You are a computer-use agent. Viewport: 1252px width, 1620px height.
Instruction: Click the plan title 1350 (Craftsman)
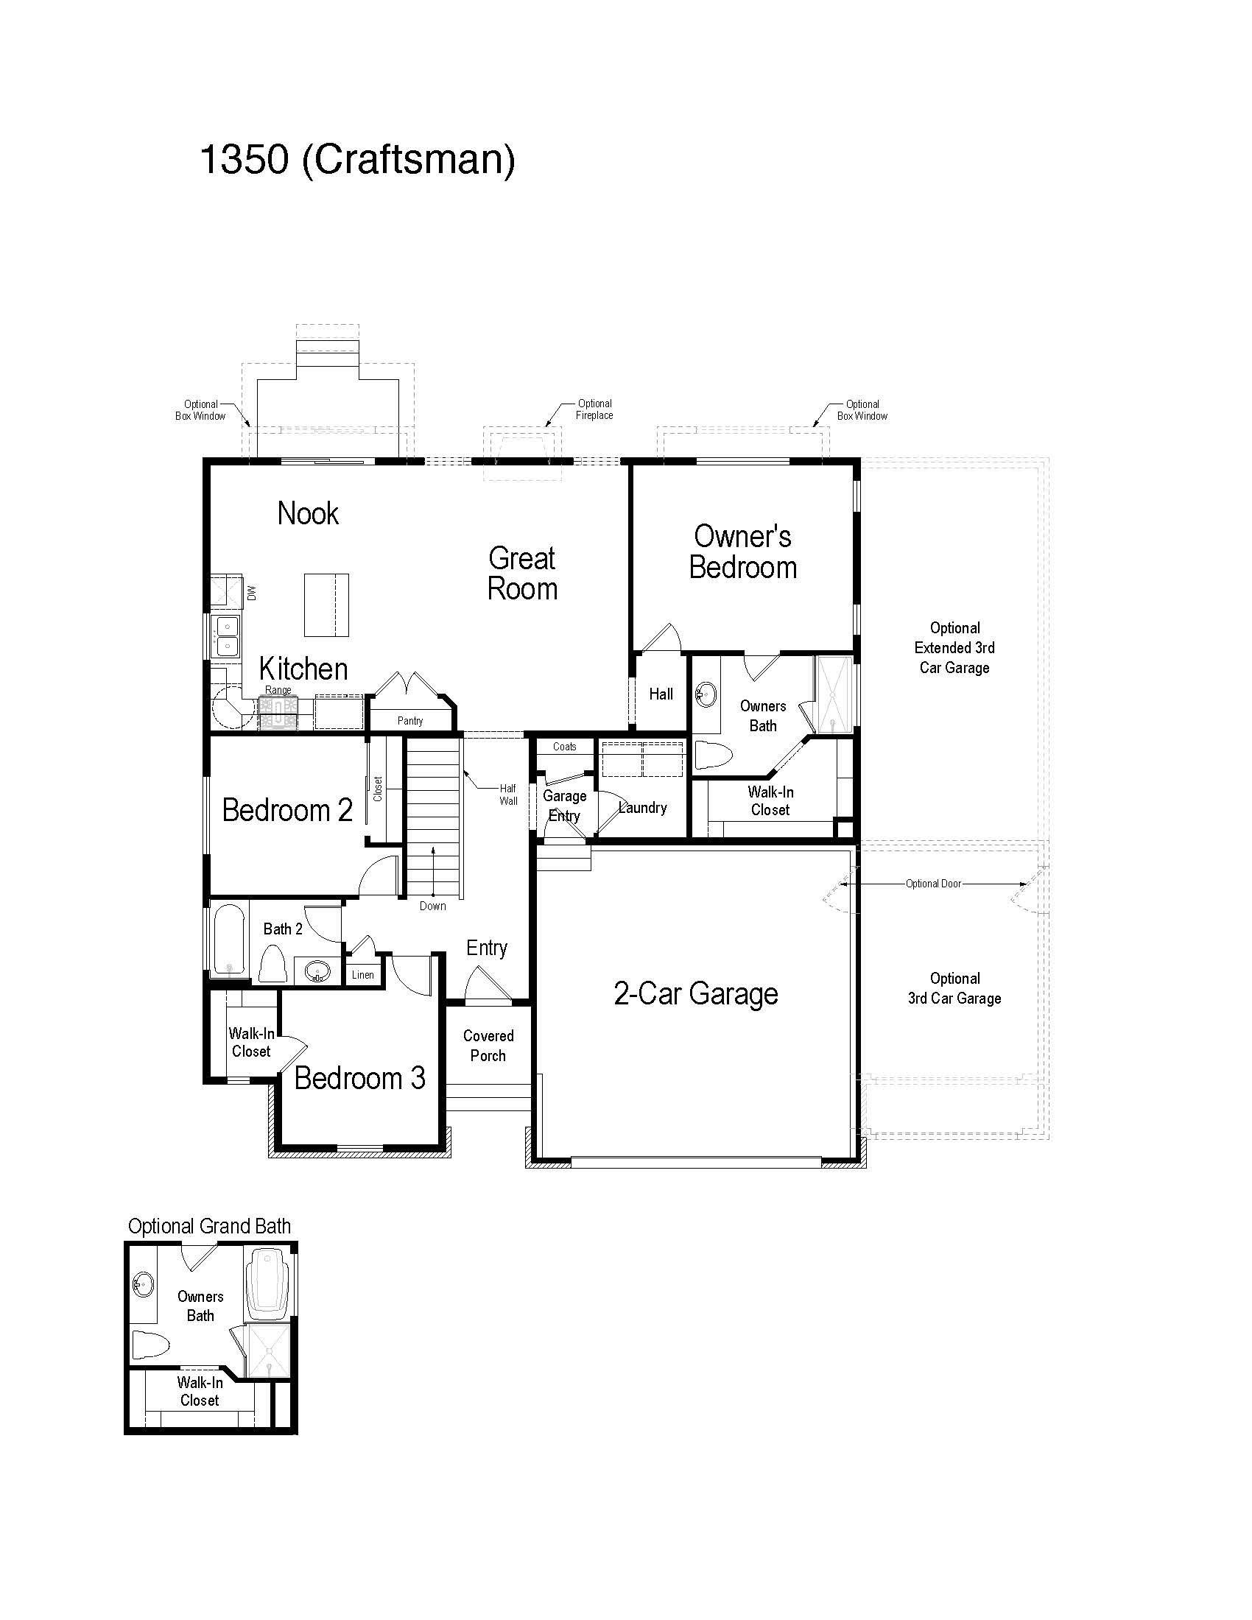click(x=357, y=160)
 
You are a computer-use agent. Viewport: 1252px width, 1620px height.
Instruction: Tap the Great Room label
click(x=522, y=574)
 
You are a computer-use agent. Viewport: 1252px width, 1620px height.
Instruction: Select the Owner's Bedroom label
click(x=742, y=552)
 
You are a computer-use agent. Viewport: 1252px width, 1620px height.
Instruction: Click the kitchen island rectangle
click(x=326, y=605)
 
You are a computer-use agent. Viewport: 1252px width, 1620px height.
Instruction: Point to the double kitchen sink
click(x=226, y=636)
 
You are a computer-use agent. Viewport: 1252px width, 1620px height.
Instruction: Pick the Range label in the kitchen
click(x=278, y=690)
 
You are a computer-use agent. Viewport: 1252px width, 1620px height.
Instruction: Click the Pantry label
click(x=410, y=720)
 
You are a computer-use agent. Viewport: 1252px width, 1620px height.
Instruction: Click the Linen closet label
click(x=362, y=975)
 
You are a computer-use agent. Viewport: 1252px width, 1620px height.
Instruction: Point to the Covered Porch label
click(x=488, y=1046)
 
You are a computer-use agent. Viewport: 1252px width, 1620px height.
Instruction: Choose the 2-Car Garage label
click(x=696, y=993)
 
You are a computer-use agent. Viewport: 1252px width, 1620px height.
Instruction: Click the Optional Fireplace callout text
click(x=594, y=409)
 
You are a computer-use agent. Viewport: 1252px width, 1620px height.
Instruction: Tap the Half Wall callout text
click(x=508, y=795)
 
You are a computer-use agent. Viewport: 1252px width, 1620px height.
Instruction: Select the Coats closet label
click(x=564, y=747)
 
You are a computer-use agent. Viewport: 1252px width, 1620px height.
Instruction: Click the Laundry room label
click(x=642, y=808)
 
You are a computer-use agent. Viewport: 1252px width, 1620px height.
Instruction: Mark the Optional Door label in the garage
click(x=933, y=884)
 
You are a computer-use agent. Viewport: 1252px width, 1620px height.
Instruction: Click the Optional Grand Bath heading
click(x=209, y=1226)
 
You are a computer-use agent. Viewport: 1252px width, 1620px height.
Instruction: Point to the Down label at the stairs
click(x=432, y=906)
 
